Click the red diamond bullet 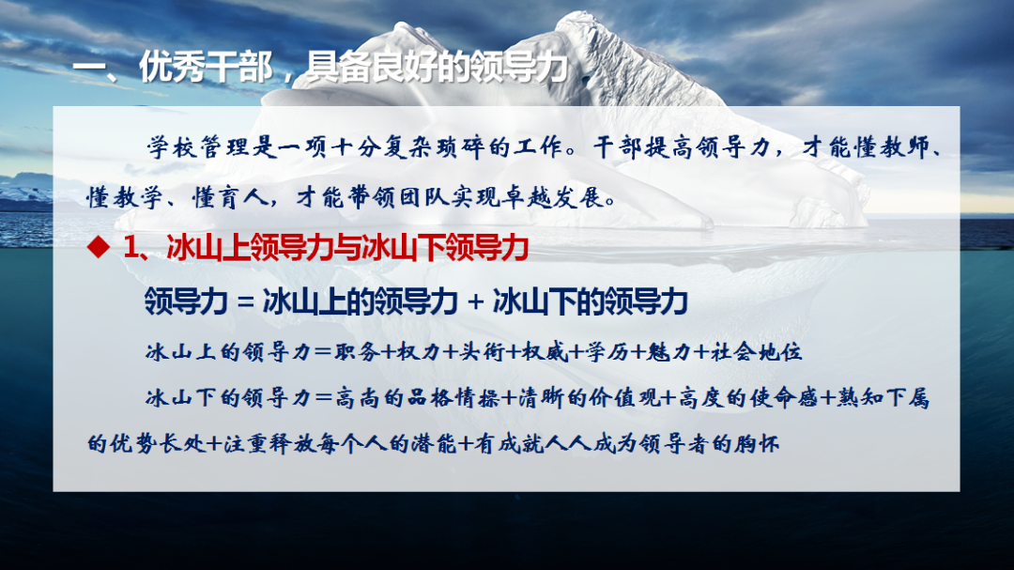point(99,247)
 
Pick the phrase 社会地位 point(756,352)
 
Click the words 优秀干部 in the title point(207,68)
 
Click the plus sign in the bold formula point(475,302)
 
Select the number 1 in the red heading point(131,247)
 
